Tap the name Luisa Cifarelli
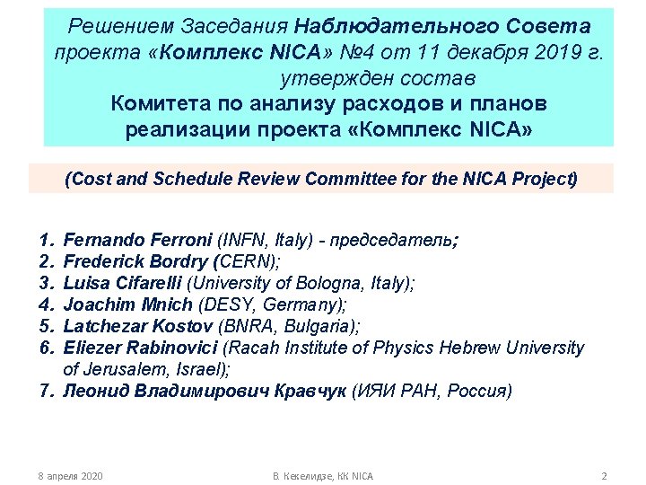click(121, 284)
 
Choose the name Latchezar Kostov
click(128, 326)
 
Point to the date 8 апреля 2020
click(66, 475)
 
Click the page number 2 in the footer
click(604, 475)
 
